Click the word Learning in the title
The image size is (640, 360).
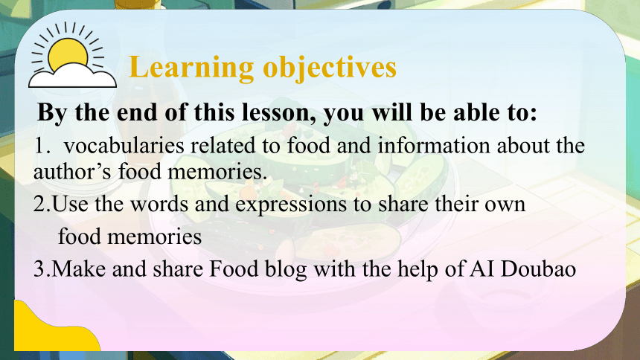[x=191, y=68]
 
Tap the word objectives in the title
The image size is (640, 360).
[x=330, y=68]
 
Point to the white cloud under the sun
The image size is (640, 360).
[x=72, y=76]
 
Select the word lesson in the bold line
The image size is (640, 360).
[x=278, y=112]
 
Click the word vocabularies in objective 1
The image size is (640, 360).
[x=124, y=146]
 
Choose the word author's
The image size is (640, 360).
[x=72, y=171]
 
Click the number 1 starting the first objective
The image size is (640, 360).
[x=40, y=146]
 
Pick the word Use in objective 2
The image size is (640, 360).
[x=70, y=204]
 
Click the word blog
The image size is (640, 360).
[x=286, y=270]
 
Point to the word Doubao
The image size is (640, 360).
[x=538, y=269]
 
